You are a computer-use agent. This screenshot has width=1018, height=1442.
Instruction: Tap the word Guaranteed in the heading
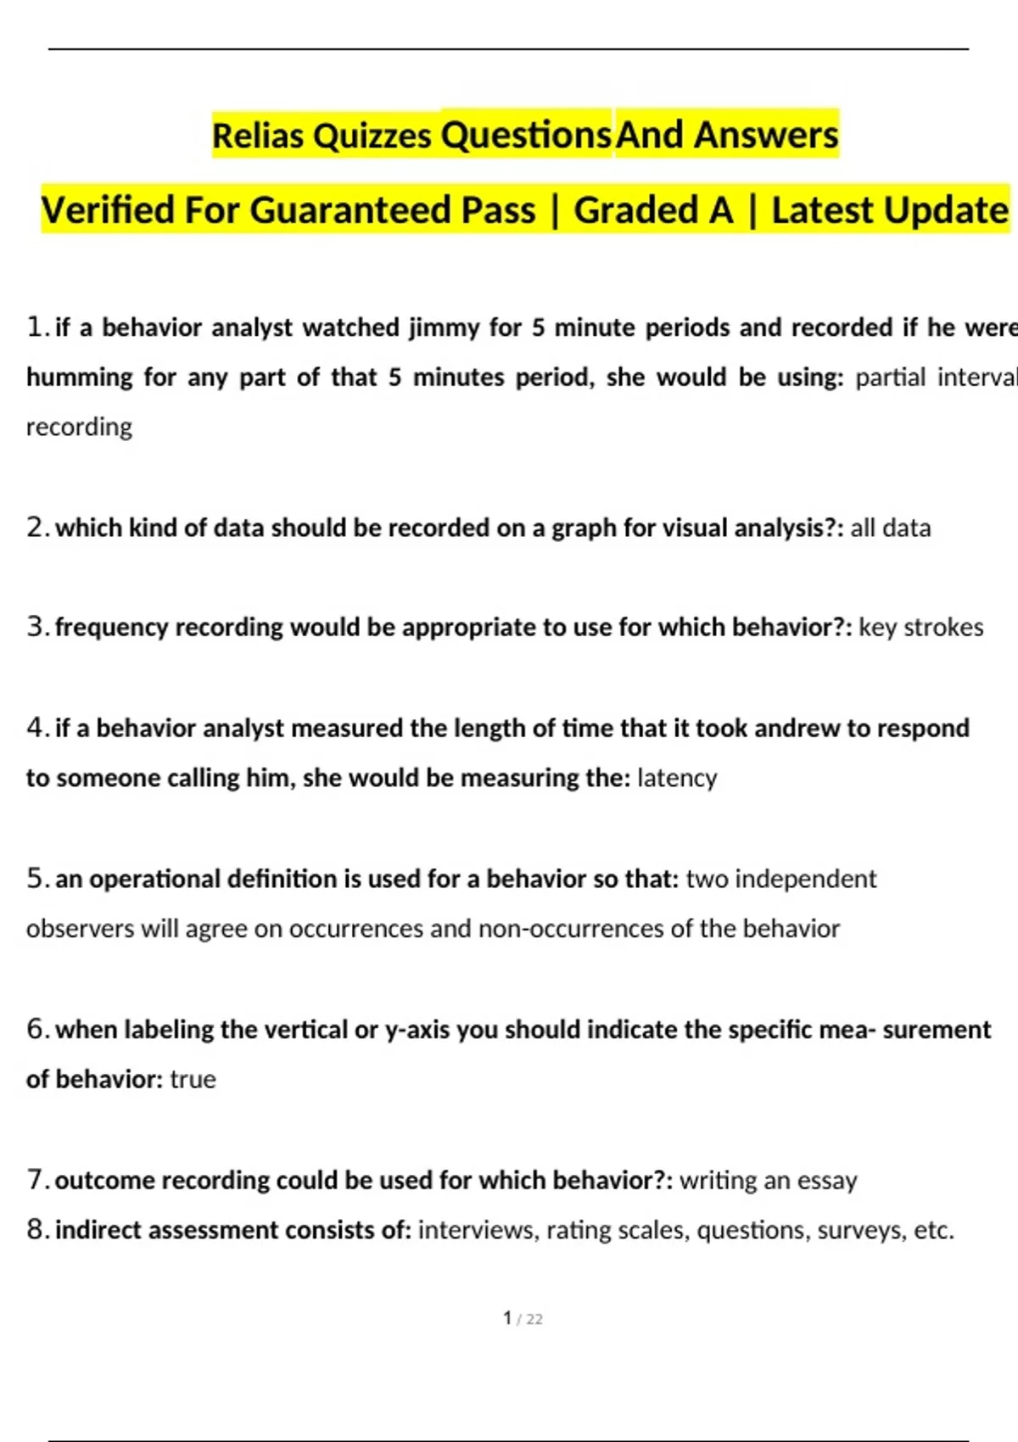393,210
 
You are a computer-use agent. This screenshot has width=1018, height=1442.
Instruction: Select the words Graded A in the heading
653,210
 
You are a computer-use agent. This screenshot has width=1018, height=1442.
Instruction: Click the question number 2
36,528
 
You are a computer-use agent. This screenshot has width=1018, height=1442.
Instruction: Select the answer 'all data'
890,528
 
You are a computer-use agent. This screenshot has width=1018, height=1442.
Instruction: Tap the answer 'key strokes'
920,627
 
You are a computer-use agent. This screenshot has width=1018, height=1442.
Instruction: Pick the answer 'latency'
676,778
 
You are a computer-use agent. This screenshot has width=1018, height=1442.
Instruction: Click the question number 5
36,879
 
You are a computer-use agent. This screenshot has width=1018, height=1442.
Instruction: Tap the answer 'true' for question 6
193,1079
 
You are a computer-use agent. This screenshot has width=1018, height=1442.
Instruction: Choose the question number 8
36,1230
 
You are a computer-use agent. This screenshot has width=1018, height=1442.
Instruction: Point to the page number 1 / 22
523,1318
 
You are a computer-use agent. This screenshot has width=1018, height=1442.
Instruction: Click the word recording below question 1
79,427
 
